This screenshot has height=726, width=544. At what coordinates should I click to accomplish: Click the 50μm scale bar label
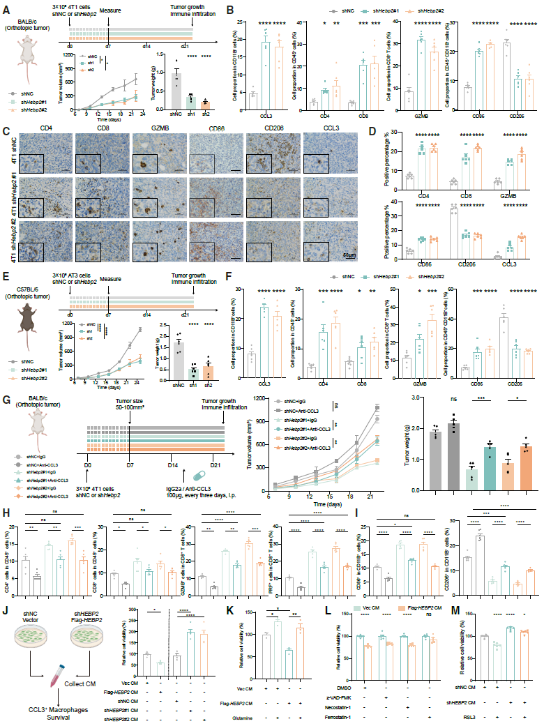pos(326,257)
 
